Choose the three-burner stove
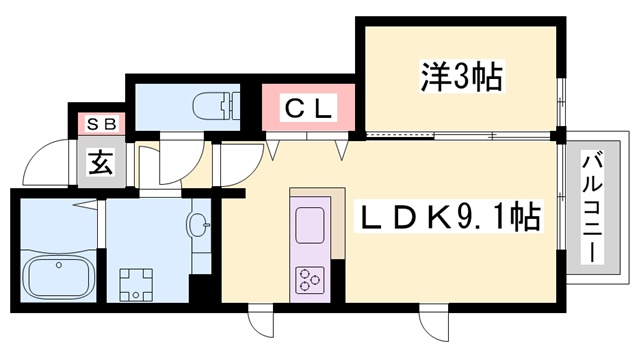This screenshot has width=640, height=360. coord(308,278)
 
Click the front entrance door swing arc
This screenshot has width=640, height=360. coord(45,162)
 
